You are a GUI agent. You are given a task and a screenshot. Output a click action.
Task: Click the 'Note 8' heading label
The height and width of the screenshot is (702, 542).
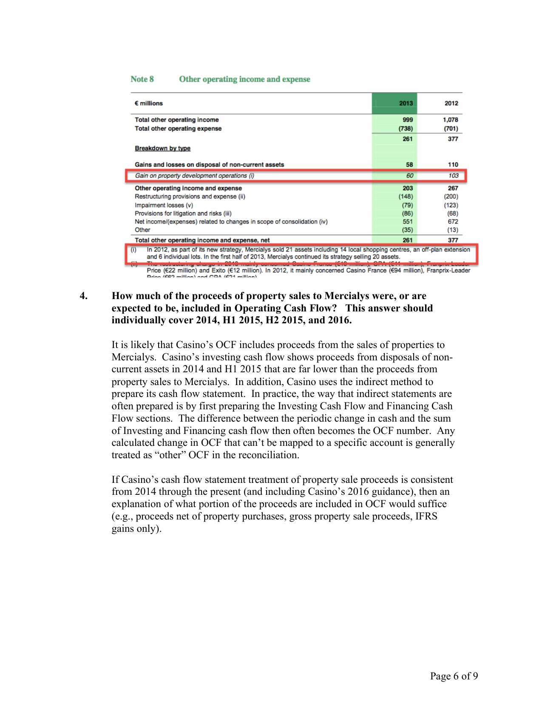(142, 79)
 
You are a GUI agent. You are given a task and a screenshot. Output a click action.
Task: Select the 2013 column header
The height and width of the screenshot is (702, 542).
(406, 103)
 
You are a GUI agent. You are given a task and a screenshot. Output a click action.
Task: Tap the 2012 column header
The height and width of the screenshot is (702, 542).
(451, 103)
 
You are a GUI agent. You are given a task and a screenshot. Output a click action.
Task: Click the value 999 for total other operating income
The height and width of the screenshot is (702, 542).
(407, 120)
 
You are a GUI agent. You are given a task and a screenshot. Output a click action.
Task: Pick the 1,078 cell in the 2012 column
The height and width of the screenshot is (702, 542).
(450, 120)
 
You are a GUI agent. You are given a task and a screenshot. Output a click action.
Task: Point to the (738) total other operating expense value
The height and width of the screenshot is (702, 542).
(406, 128)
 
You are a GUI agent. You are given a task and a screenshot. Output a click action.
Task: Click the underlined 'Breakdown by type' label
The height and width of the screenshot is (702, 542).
(162, 148)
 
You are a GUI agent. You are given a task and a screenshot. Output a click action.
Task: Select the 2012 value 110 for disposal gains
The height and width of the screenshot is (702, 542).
(453, 165)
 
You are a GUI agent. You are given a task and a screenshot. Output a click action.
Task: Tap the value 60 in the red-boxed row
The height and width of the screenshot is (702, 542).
(409, 176)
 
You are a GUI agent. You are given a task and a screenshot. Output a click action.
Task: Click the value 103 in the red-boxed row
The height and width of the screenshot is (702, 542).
(453, 176)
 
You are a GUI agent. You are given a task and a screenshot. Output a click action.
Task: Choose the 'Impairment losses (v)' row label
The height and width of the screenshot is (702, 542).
(164, 205)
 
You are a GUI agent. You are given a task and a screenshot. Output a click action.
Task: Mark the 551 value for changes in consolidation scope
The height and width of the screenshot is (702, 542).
(407, 222)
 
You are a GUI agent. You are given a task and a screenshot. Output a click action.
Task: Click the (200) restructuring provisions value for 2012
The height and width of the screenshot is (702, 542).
(451, 197)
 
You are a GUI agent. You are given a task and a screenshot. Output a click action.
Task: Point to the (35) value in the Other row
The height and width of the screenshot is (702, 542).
(407, 230)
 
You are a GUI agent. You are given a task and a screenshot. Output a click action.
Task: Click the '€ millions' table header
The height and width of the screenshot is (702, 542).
(149, 103)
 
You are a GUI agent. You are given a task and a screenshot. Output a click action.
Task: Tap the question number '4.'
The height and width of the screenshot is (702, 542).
(84, 296)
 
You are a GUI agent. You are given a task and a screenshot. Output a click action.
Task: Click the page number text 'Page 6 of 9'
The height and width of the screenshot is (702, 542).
(454, 676)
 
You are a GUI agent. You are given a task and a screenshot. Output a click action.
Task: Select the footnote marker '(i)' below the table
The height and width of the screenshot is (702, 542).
(133, 250)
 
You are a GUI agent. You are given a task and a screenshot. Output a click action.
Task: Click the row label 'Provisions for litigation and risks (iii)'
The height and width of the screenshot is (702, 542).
(183, 214)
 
